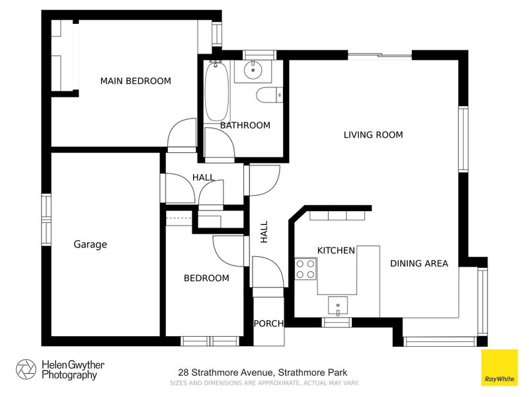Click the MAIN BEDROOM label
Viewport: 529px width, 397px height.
click(x=135, y=81)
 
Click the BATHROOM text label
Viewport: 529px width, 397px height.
click(x=245, y=125)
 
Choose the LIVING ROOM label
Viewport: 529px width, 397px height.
click(x=373, y=135)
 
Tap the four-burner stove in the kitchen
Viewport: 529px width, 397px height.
click(x=305, y=268)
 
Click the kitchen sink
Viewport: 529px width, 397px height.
click(x=338, y=306)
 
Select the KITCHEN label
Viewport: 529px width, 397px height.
click(x=336, y=250)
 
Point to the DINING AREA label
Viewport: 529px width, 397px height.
click(x=419, y=263)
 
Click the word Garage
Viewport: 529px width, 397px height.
click(x=90, y=244)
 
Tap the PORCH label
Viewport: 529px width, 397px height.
click(x=268, y=324)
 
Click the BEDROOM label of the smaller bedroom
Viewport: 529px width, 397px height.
click(x=206, y=278)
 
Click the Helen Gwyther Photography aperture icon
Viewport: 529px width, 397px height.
click(x=26, y=369)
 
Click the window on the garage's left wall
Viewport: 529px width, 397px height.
click(x=46, y=219)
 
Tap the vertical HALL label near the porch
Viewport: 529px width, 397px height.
click(x=264, y=232)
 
